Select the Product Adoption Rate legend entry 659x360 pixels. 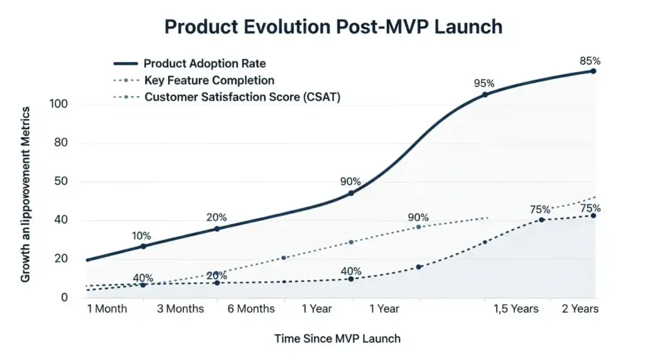click(x=204, y=64)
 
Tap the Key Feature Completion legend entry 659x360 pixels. click(x=209, y=81)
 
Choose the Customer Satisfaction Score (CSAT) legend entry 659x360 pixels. click(x=242, y=97)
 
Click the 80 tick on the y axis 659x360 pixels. click(x=61, y=143)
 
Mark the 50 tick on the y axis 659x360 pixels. click(x=61, y=182)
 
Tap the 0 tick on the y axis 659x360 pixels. click(x=64, y=298)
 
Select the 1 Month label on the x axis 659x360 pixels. click(x=107, y=308)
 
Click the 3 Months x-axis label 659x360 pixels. click(x=180, y=308)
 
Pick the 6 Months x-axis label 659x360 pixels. click(x=251, y=308)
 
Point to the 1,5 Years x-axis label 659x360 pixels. click(x=516, y=308)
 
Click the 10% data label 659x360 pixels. click(x=142, y=236)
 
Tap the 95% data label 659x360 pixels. click(x=484, y=83)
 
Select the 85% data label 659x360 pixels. click(x=589, y=61)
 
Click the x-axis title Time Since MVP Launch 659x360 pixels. click(x=337, y=338)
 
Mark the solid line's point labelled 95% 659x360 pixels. click(x=485, y=95)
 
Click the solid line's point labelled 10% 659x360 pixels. click(x=143, y=247)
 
